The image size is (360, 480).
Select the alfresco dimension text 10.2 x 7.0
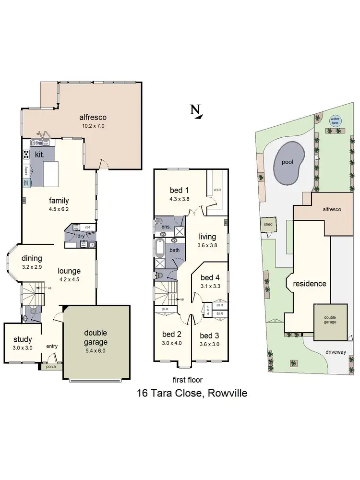coord(93,126)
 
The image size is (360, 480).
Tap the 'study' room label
coord(23,340)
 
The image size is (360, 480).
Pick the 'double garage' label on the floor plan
coord(96,337)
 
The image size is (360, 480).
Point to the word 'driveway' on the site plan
coord(336,352)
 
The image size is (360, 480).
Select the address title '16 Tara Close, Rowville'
coord(192,394)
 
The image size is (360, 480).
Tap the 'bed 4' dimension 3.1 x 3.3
coord(210,287)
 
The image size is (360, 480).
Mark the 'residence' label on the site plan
coord(310,284)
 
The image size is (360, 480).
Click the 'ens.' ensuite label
coord(166,226)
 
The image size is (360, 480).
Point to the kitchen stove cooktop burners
coord(26,155)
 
